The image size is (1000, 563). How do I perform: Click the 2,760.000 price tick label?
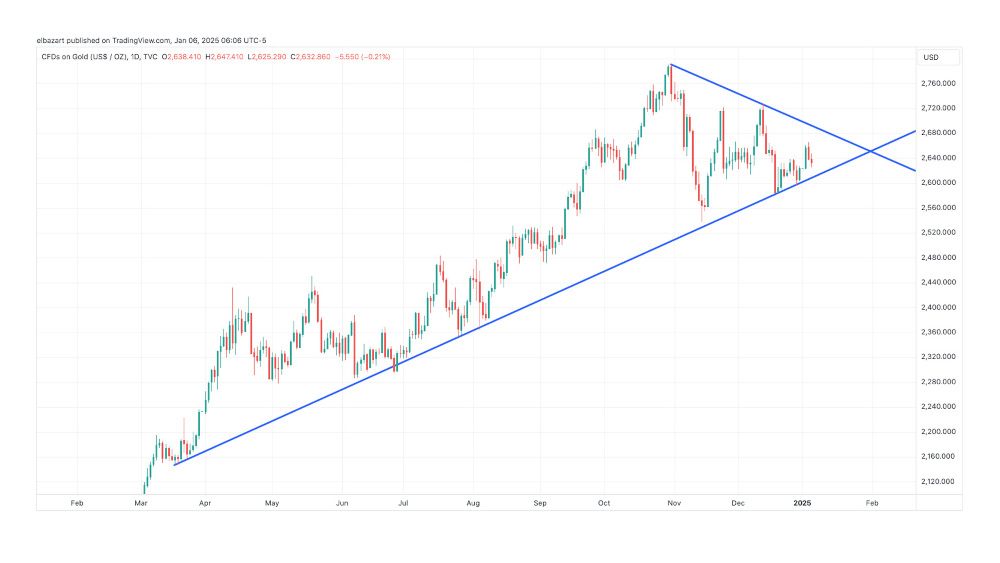point(937,83)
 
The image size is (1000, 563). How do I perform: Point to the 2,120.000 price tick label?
point(937,482)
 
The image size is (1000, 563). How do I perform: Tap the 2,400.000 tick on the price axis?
point(937,307)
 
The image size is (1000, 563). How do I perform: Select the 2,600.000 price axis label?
point(937,182)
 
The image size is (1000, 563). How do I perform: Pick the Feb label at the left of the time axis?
point(77,503)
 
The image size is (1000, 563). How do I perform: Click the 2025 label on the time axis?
point(802,503)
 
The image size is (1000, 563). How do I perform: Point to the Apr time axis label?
point(206,503)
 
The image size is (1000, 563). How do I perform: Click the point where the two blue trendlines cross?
point(871,151)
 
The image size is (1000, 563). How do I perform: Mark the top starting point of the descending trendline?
point(670,65)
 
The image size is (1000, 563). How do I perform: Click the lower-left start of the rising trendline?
point(174,465)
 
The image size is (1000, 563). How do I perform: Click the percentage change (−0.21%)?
point(374,56)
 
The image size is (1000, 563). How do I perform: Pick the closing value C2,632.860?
point(307,56)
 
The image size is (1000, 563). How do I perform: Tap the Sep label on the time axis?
point(540,503)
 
